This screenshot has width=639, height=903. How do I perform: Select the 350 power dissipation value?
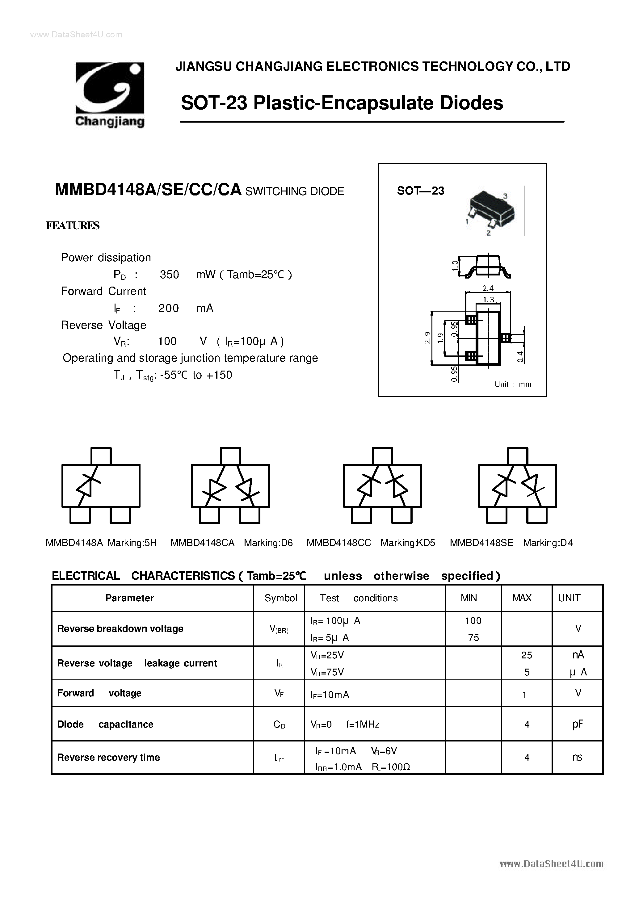pos(169,275)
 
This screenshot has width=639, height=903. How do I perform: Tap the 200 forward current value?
pos(168,308)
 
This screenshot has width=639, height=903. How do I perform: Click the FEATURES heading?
pos(73,225)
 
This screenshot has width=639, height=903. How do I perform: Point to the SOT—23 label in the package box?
pos(420,191)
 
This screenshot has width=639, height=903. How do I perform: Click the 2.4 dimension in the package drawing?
pos(488,288)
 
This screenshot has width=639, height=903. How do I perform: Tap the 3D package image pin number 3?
pos(505,196)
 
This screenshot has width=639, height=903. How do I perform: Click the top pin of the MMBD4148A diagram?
pos(101,456)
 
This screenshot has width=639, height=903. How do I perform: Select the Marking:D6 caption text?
pos(268,543)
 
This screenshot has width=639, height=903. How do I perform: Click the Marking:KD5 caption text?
pos(408,543)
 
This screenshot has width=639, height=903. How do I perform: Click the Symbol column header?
pos(280,598)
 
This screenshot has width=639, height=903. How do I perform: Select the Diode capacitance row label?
pos(105,724)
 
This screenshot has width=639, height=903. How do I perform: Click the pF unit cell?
pos(577,724)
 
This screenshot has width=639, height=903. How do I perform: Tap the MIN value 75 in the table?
pos(473,637)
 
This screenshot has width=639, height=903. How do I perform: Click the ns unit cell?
pos(577,758)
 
